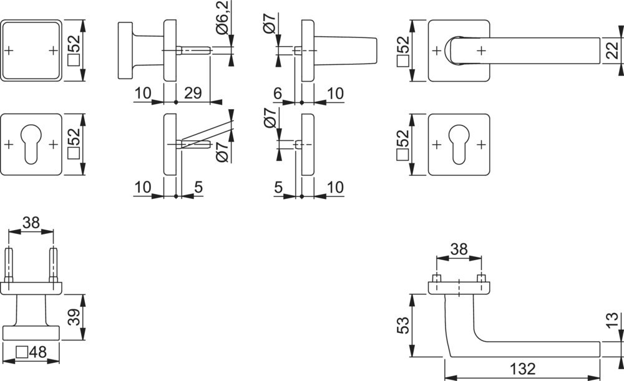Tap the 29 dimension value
tap(193, 93)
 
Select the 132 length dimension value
tap(522, 369)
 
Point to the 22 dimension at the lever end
tap(613, 51)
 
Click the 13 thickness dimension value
tap(613, 320)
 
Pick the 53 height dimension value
tap(402, 326)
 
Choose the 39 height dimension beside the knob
tap(74, 317)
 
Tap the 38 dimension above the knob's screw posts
tap(31, 223)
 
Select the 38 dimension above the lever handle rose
tap(459, 249)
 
